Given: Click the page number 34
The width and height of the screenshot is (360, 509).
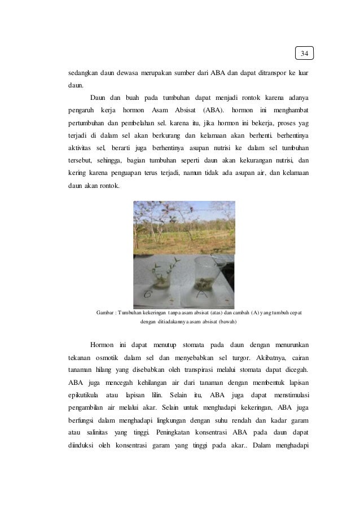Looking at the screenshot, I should (304, 54).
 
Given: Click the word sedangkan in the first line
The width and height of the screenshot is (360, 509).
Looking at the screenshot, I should (78, 73).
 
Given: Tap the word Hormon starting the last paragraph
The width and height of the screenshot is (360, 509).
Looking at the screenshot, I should (102, 345).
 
